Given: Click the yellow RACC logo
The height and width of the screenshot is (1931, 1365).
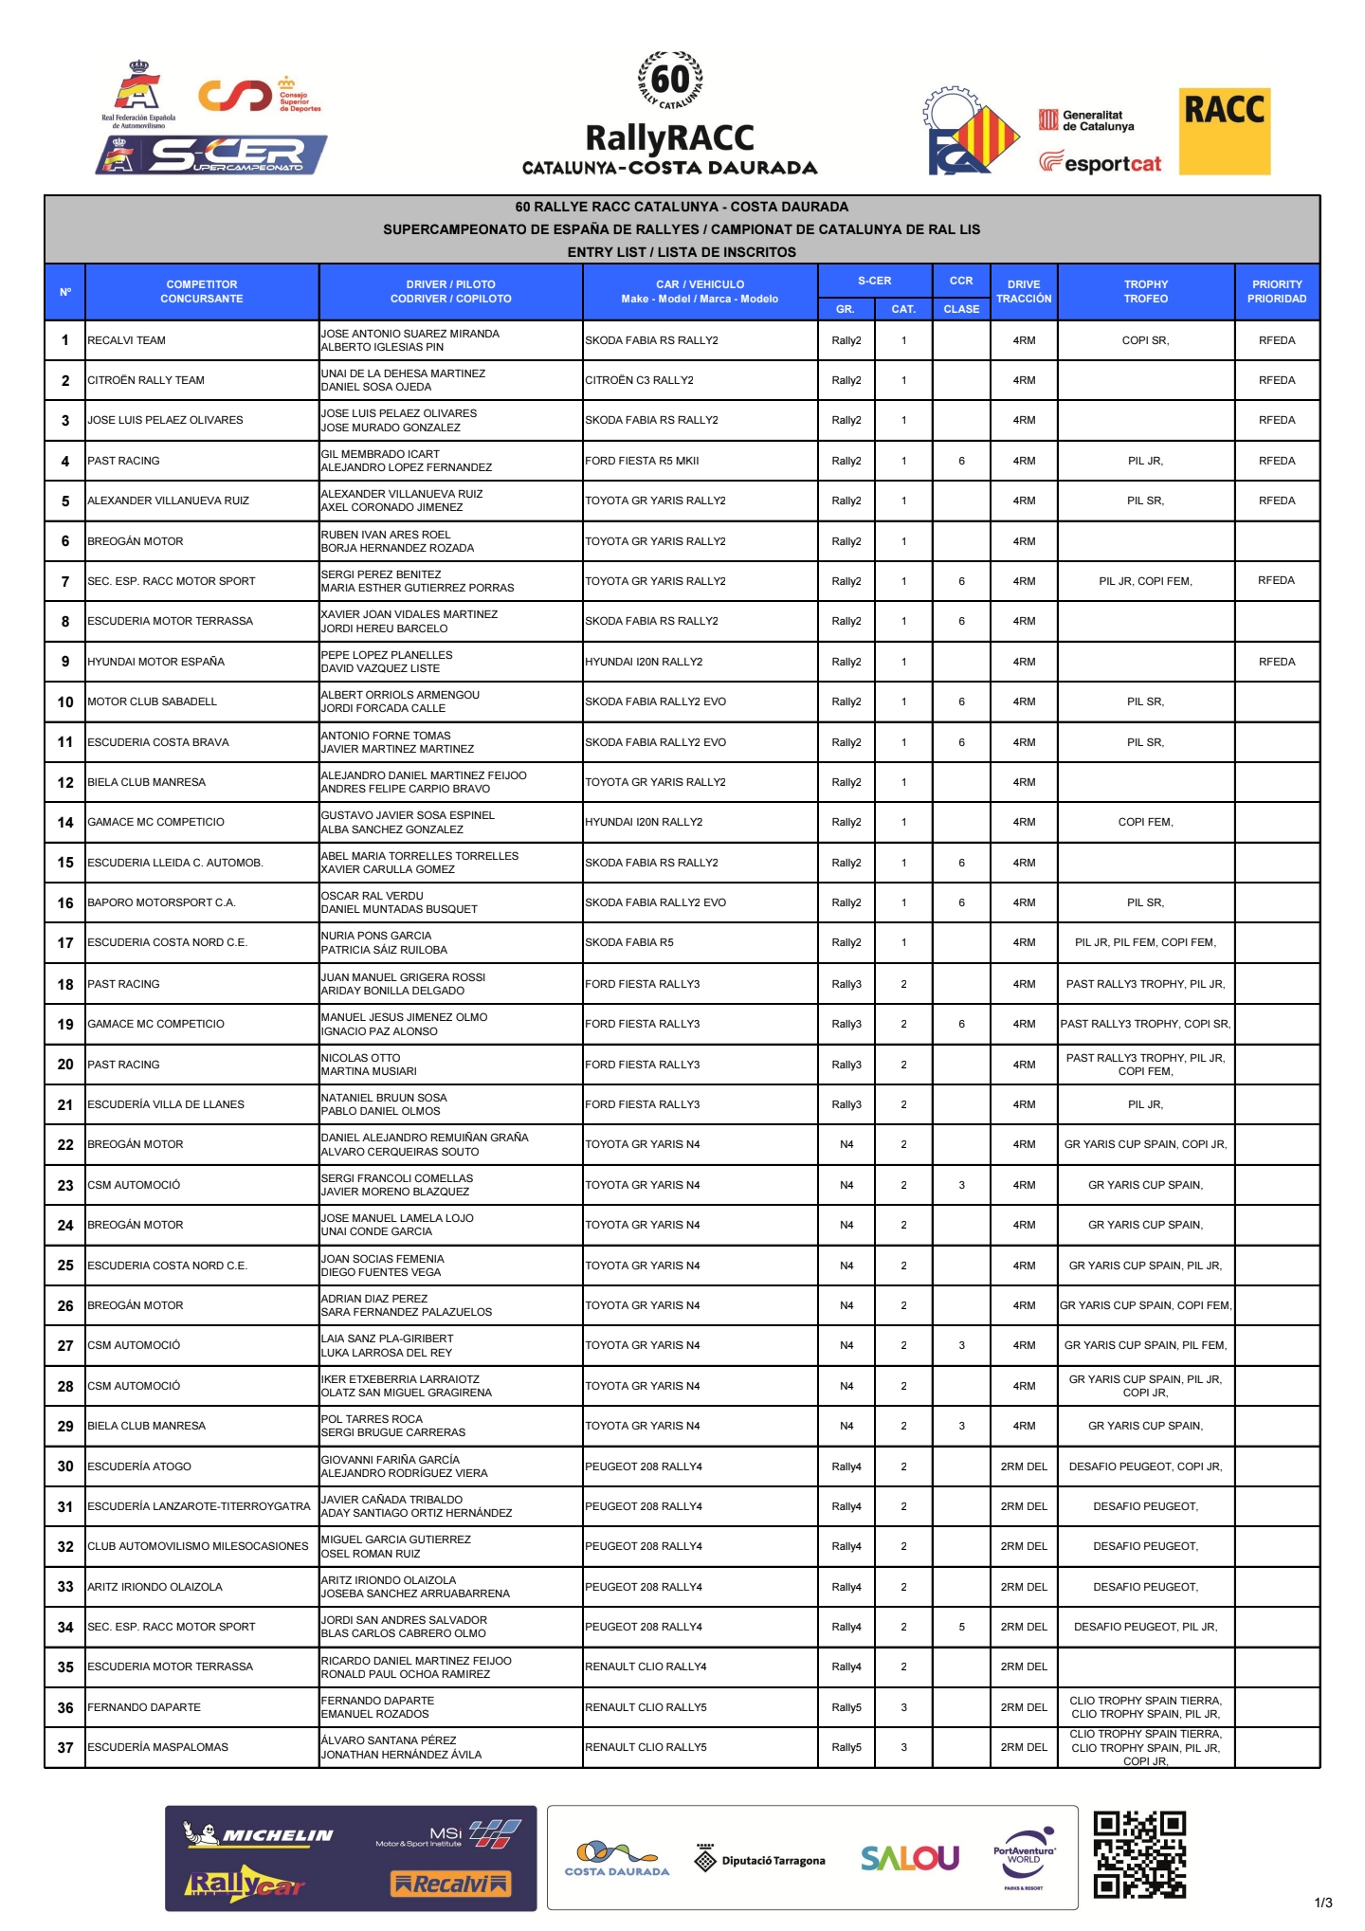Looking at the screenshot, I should point(1225,131).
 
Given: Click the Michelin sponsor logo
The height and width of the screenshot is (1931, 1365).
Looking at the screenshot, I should point(258,1835).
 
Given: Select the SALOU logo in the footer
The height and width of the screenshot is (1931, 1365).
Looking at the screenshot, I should point(910,1858).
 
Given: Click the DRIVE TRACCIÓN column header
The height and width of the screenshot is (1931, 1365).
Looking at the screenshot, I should point(1024,291).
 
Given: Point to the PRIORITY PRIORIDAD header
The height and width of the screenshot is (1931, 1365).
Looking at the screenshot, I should point(1277,291).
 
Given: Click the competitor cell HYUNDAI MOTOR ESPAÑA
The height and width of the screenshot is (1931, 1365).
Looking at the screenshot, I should point(156,662).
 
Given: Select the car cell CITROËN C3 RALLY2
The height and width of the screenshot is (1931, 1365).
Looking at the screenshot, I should point(639,380).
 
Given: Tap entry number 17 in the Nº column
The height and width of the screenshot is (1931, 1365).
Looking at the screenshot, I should point(65,943).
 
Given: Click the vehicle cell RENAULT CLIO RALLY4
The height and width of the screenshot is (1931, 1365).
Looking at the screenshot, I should point(646,1667).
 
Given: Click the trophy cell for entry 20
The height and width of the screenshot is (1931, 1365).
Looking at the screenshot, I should point(1145,1065).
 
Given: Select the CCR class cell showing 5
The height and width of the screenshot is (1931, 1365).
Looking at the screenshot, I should point(961,1627).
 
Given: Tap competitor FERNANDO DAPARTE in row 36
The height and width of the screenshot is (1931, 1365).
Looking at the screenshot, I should point(144,1707).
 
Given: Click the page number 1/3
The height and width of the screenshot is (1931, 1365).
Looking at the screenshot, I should point(1323,1903).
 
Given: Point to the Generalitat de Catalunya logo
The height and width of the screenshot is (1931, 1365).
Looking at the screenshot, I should point(1087,120).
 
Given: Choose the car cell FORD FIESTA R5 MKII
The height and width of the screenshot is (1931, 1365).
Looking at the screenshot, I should point(642,461).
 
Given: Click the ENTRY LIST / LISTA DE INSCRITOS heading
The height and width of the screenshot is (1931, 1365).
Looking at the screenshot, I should point(682,252).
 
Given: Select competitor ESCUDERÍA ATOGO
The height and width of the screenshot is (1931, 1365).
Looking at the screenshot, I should point(139,1466).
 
